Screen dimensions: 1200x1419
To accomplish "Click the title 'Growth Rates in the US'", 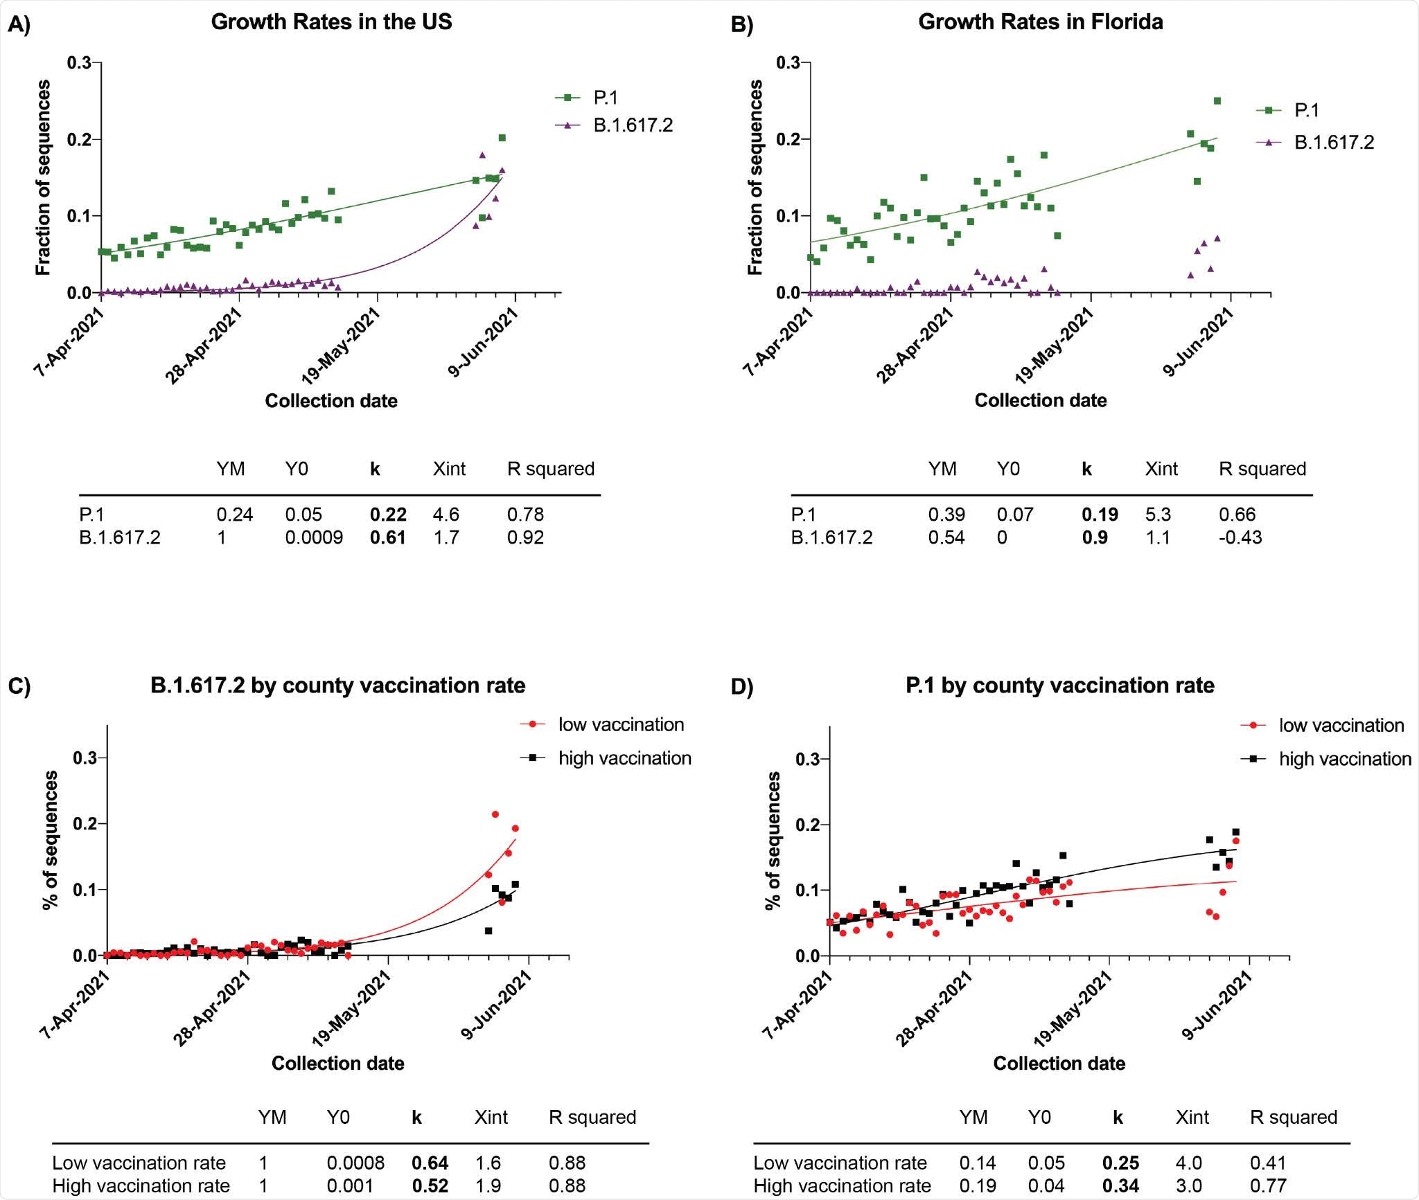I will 331,22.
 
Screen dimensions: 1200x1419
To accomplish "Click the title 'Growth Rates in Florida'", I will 1040,22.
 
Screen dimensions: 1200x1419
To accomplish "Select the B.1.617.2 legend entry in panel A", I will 633,125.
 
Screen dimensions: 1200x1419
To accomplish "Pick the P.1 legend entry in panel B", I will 1306,110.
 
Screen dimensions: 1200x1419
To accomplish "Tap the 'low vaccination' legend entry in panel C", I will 621,724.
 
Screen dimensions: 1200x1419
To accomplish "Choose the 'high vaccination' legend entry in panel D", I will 1344,759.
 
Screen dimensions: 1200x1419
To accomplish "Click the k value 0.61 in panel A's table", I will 387,537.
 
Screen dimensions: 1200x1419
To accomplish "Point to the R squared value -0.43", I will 1240,537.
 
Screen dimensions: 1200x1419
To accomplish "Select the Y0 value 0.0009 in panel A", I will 314,537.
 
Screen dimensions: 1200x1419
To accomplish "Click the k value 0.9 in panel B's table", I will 1095,537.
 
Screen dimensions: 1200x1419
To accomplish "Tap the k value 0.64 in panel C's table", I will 430,1163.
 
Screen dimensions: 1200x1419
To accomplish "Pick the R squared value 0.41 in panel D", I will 1268,1163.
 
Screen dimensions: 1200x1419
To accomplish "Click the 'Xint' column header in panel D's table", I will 1192,1117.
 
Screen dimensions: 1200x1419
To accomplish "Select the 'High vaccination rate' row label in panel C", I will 141,1185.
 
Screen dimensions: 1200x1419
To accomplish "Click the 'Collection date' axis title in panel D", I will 1059,1063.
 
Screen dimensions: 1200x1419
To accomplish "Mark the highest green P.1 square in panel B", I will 1217,100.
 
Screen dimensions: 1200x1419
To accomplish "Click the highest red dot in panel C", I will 495,814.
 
